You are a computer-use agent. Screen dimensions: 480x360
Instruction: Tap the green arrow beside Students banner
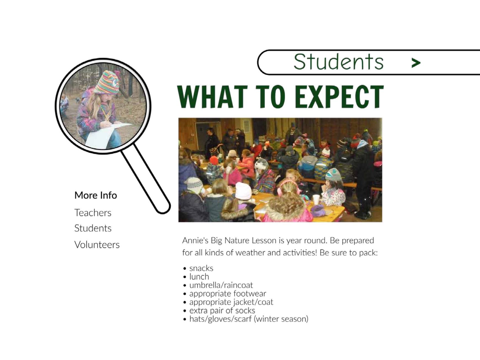click(x=416, y=63)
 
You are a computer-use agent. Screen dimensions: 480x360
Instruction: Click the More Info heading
click(x=96, y=195)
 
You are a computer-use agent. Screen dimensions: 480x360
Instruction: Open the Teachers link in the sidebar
click(x=93, y=213)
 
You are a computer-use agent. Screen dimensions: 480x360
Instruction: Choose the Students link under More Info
click(x=93, y=228)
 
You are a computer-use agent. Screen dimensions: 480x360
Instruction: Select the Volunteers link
click(x=97, y=245)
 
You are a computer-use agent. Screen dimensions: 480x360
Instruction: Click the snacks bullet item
click(x=201, y=268)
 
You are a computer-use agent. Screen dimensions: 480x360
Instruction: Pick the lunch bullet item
click(x=199, y=277)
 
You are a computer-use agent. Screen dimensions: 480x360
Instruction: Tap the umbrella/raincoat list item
click(x=221, y=285)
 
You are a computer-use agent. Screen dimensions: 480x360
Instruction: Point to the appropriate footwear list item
click(x=228, y=293)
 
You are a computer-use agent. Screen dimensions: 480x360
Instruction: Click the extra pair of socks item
click(x=222, y=310)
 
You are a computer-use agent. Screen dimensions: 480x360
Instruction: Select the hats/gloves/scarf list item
click(x=249, y=319)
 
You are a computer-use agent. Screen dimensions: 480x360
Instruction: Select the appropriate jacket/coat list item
click(x=231, y=302)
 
